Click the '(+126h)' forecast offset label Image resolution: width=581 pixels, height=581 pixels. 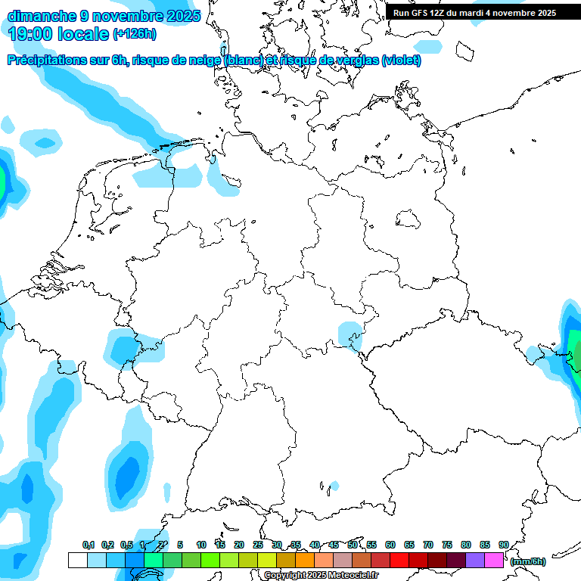coord(134,34)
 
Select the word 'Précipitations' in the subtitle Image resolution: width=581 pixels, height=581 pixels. coord(46,61)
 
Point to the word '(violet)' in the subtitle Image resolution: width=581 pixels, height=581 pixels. coord(401,61)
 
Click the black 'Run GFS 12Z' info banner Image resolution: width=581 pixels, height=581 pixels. coord(474,13)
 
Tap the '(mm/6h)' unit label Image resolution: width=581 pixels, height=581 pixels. coord(528,561)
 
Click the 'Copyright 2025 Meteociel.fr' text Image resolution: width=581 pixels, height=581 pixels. coord(321,575)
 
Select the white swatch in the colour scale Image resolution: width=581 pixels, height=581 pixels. coord(77,560)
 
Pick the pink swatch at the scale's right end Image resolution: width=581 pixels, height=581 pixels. coord(494,560)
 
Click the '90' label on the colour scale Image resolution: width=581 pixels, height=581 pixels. coord(504,545)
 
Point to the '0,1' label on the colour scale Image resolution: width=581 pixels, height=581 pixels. coord(89,545)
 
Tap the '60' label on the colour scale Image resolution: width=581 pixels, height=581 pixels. coord(390,545)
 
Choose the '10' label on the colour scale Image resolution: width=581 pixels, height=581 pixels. coord(201,545)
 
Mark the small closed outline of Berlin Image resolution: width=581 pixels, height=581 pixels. coord(409,219)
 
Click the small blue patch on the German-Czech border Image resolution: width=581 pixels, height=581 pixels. coord(350,334)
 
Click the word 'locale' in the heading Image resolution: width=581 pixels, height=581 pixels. coord(82,34)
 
